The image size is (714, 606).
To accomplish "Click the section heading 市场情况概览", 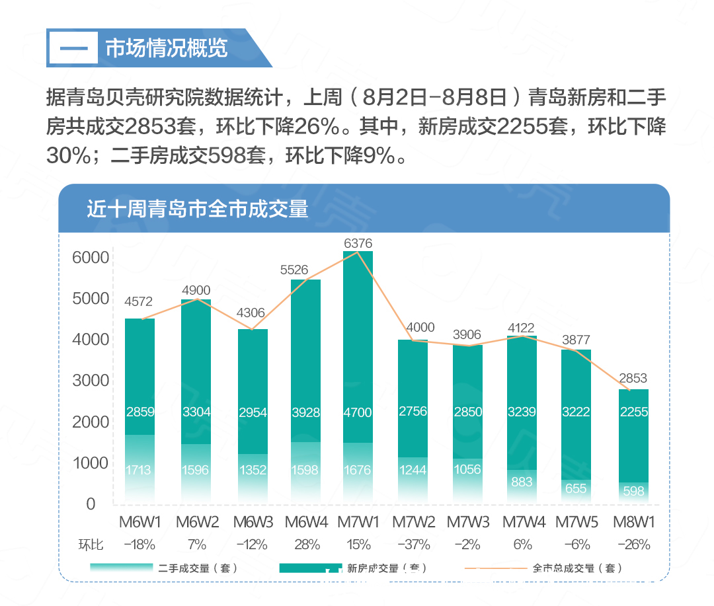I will [166, 48].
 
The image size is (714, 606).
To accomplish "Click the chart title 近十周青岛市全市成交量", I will [198, 209].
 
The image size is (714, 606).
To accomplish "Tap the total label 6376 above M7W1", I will [358, 244].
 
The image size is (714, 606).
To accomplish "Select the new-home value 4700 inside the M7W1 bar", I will [358, 412].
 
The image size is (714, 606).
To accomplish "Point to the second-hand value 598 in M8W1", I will [633, 491].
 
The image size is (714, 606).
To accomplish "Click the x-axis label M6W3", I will [253, 522].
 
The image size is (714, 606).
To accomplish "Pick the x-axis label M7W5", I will [576, 522].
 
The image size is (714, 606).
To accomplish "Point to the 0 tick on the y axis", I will [91, 504].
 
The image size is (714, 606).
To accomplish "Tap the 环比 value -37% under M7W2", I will [413, 545].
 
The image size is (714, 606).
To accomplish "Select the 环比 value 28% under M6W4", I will [306, 545].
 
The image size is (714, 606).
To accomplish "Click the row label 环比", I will [91, 545].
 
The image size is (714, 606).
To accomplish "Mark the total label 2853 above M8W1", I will [633, 379].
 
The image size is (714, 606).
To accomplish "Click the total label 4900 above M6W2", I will [196, 290].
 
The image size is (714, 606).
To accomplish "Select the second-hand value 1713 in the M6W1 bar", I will [139, 471].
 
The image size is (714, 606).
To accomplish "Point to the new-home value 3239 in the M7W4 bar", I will [522, 412].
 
